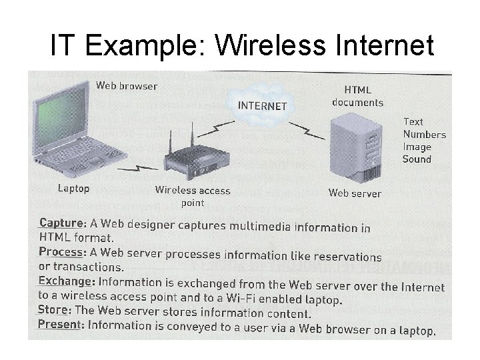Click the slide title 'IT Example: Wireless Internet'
tap(242, 46)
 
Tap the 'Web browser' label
tap(127, 85)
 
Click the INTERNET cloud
tap(263, 105)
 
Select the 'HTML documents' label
tap(357, 96)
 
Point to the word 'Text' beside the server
tap(413, 121)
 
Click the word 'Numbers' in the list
tap(424, 134)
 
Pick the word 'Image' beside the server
tap(417, 147)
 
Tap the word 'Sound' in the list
tap(417, 159)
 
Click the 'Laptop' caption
tap(73, 189)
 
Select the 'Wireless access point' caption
tap(193, 196)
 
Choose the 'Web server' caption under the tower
tap(355, 193)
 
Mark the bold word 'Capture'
tap(61, 223)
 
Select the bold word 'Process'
tap(61, 252)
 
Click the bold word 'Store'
tap(53, 310)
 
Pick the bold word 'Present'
tap(59, 324)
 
